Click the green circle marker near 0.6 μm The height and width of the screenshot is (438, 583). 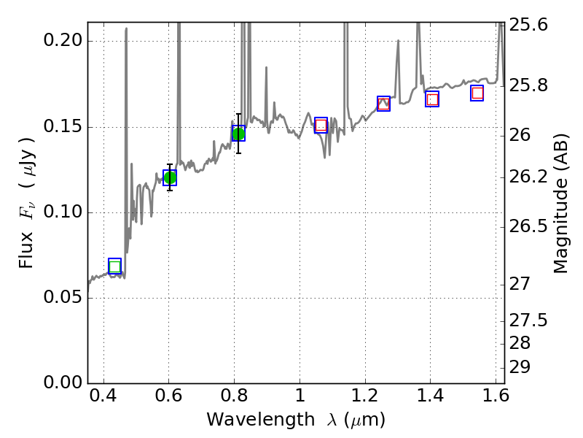tap(170, 177)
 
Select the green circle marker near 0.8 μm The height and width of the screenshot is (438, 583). tap(238, 133)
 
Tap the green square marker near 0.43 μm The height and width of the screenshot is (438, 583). tap(114, 266)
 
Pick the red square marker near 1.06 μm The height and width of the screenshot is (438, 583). tap(321, 125)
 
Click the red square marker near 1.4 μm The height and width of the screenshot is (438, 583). tap(432, 99)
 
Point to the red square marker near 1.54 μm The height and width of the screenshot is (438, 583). tap(477, 93)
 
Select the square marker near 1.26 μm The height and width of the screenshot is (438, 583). tap(384, 104)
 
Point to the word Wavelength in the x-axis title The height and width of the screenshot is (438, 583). tap(249, 420)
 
